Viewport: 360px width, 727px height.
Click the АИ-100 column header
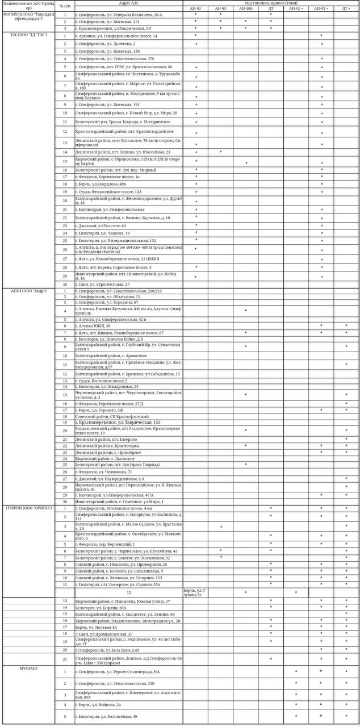tap(246, 9)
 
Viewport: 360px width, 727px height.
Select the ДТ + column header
tap(346, 9)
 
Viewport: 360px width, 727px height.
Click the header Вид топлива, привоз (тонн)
tap(271, 3)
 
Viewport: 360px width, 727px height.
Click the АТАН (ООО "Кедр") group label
tap(28, 290)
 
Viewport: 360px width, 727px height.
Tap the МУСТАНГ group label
tap(28, 668)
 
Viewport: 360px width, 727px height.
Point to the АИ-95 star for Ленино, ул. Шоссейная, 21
tap(220, 152)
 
